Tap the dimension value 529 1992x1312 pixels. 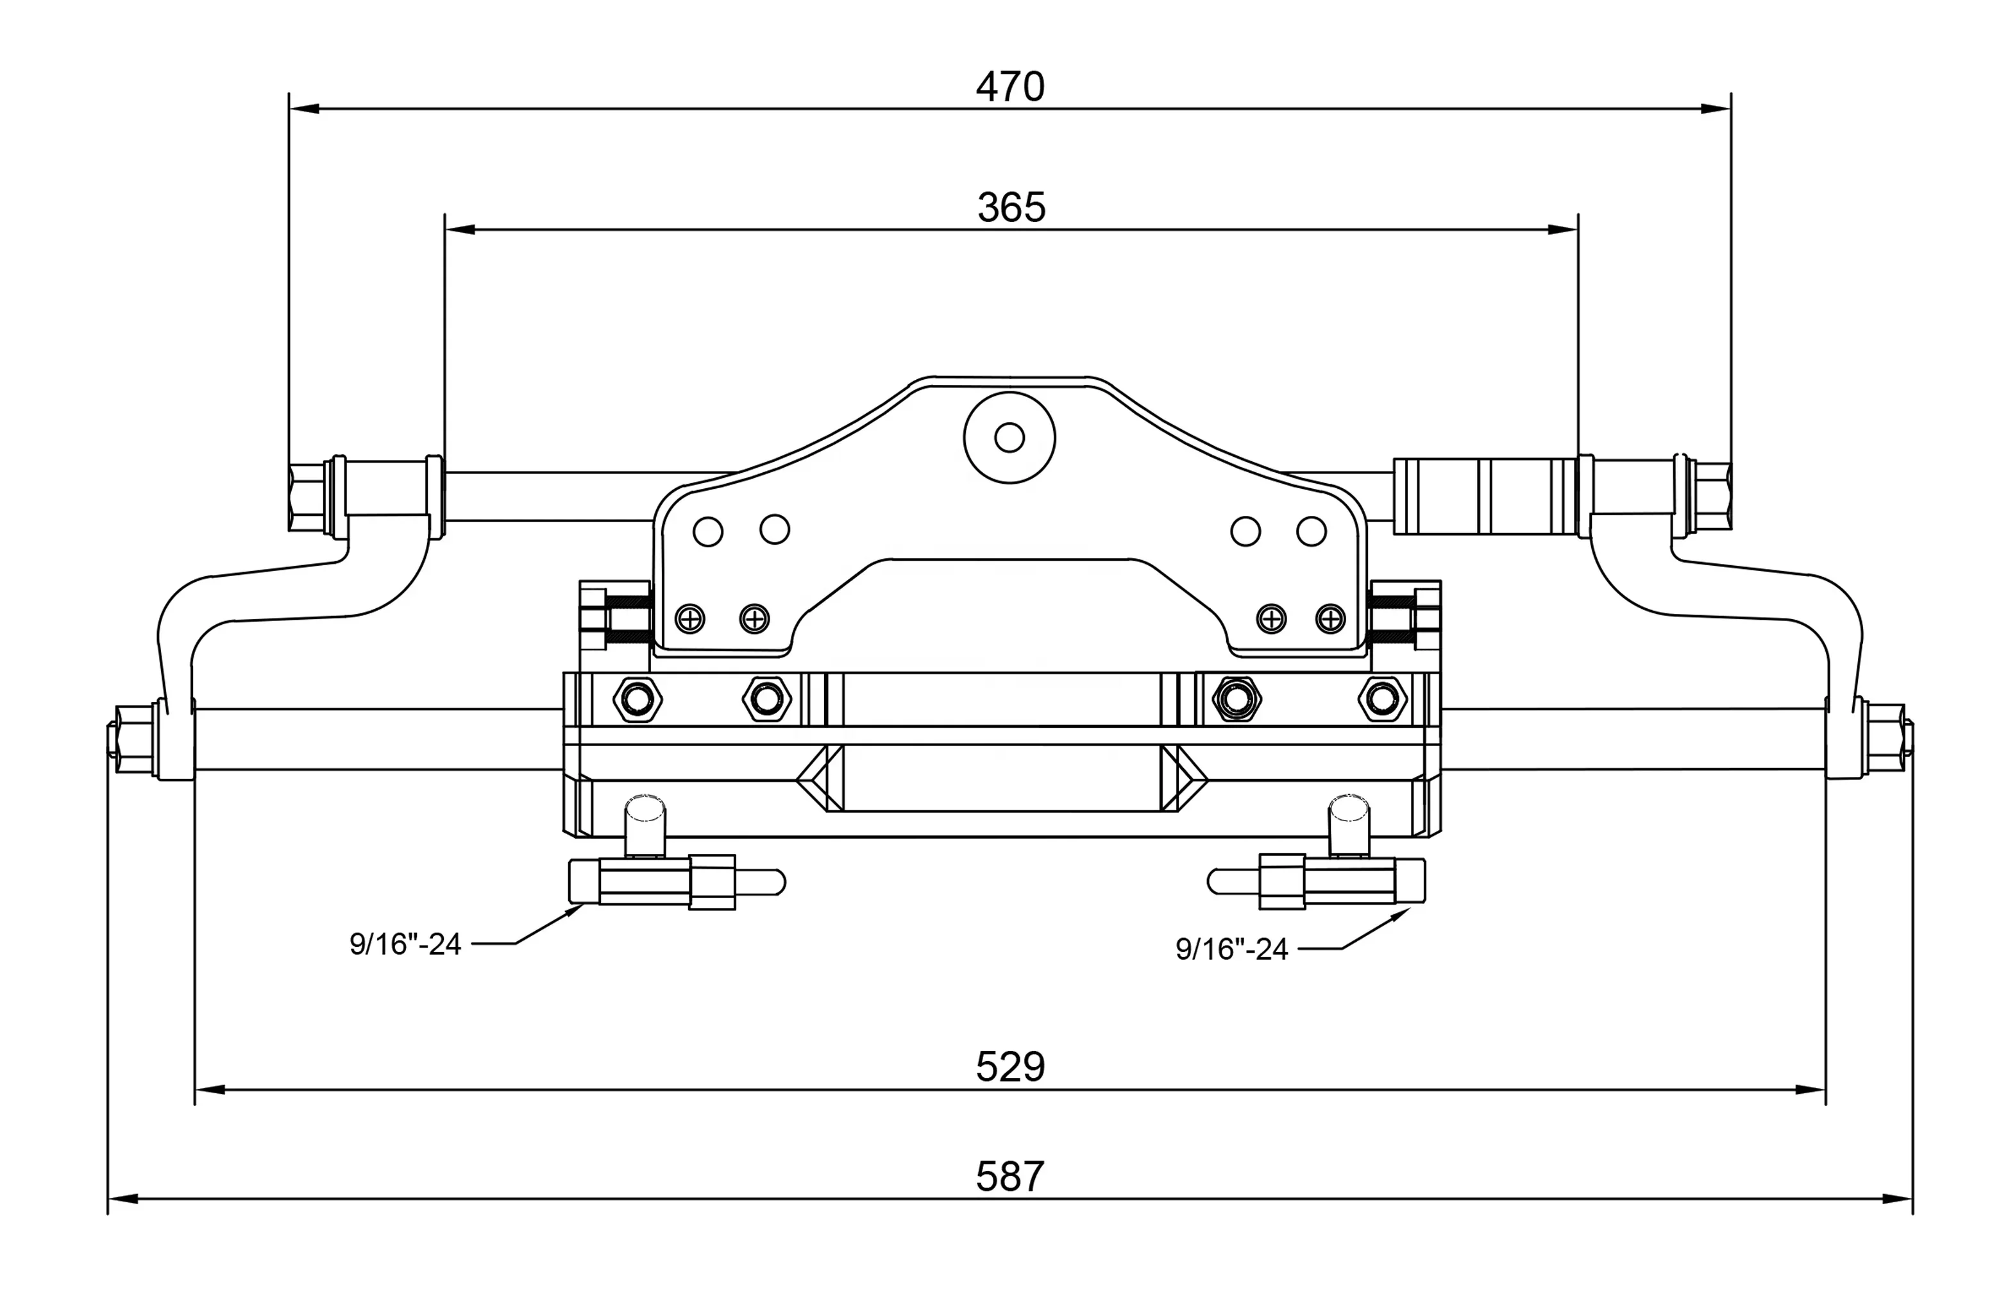[x=1009, y=1066]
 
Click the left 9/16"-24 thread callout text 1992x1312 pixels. [x=405, y=944]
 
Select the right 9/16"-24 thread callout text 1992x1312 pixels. [x=1231, y=949]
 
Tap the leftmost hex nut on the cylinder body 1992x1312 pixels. [x=637, y=698]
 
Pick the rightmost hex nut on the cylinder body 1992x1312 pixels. [x=1382, y=698]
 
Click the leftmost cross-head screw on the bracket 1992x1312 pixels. [x=689, y=618]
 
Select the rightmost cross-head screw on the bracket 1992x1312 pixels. [x=1330, y=618]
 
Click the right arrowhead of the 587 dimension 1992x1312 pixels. [x=1896, y=1199]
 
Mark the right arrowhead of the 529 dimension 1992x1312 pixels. [x=1810, y=1089]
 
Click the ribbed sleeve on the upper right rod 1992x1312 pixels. [x=1483, y=496]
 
